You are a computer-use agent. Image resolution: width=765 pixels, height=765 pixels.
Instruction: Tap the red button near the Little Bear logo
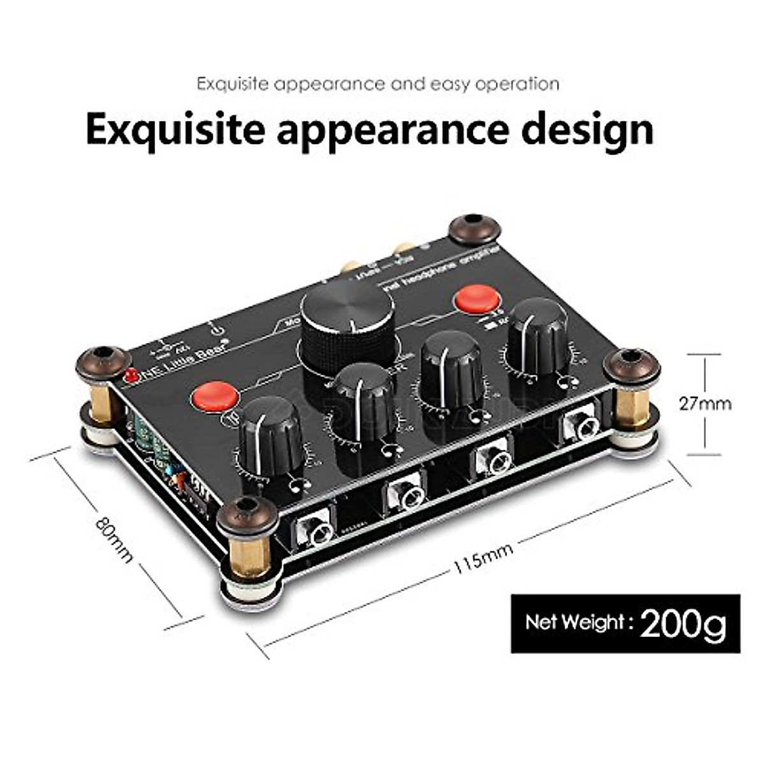[x=215, y=397]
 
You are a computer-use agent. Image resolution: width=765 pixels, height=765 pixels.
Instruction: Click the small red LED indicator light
[x=132, y=375]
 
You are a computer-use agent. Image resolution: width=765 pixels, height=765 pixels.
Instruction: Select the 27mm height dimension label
[x=704, y=404]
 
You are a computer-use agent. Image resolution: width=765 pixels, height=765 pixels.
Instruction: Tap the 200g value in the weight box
[x=683, y=623]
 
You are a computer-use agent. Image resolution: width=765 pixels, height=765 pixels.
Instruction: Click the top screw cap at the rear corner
[x=472, y=228]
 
